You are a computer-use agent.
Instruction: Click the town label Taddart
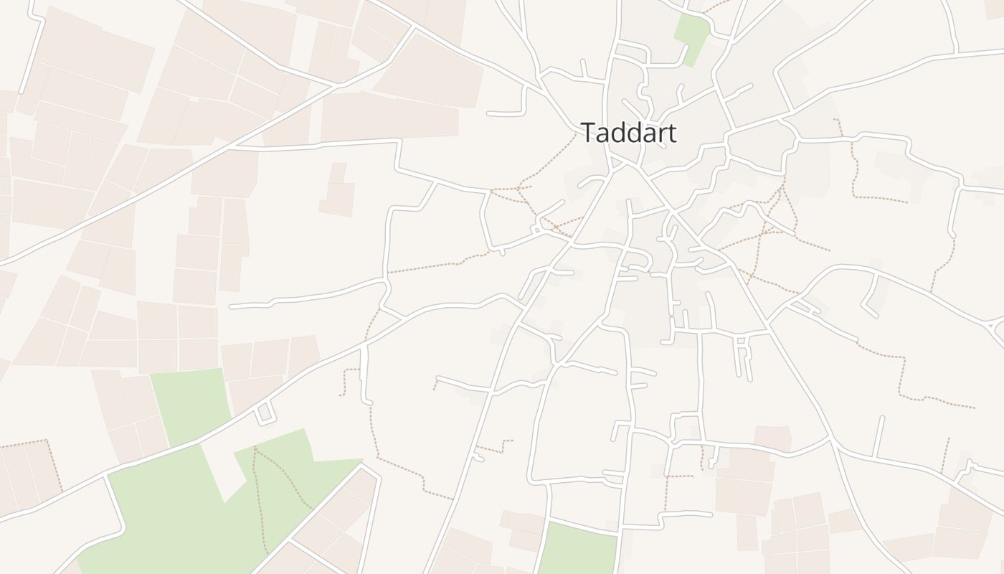pos(628,133)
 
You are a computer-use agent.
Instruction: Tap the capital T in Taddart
pos(588,133)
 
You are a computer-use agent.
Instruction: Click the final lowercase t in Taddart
pos(671,133)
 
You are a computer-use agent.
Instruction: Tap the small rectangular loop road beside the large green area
pos(265,413)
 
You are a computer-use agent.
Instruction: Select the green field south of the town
pos(578,549)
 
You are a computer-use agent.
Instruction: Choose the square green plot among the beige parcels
pos(190,405)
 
